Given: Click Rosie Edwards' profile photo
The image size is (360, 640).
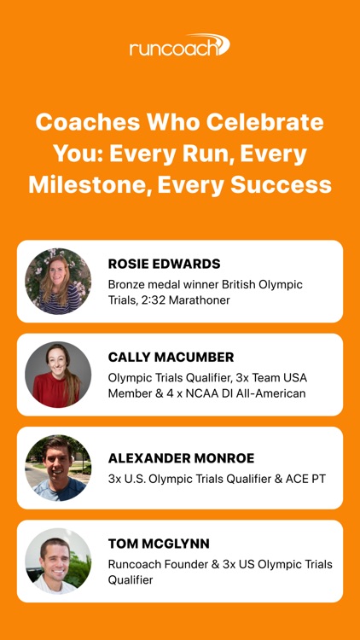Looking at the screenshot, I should click(x=58, y=281).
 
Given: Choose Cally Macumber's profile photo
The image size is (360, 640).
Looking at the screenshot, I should click(x=58, y=375).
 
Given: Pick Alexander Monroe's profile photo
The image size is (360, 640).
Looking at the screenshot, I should click(x=58, y=468).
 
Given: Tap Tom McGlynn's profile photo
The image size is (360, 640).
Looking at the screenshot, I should click(x=58, y=561).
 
